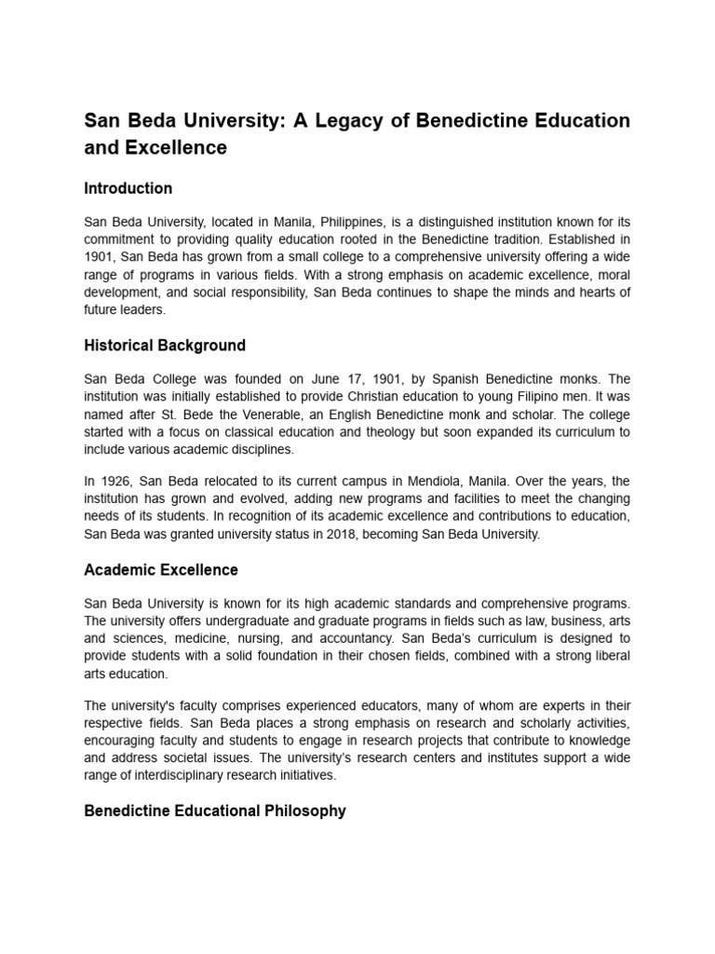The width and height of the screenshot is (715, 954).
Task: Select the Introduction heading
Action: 128,188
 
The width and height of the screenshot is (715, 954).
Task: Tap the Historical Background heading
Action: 165,346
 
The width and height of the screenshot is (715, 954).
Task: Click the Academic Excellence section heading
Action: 161,570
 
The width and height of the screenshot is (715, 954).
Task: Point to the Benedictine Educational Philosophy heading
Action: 215,811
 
